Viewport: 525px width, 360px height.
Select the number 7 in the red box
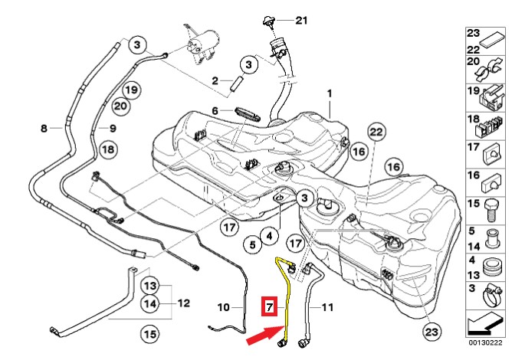pos(269,308)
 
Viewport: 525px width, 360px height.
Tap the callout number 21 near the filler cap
pos(300,21)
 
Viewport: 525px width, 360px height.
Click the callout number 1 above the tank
pos(330,93)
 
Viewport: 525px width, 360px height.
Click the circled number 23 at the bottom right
pos(432,332)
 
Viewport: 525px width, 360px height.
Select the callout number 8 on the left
pos(44,128)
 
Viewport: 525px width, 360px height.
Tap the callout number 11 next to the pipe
pos(327,308)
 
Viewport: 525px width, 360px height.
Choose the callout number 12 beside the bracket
pos(183,303)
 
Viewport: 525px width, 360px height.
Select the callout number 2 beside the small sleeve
pos(216,80)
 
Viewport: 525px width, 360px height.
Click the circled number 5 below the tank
pos(251,245)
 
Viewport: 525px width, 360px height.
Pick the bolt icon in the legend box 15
pos(492,208)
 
